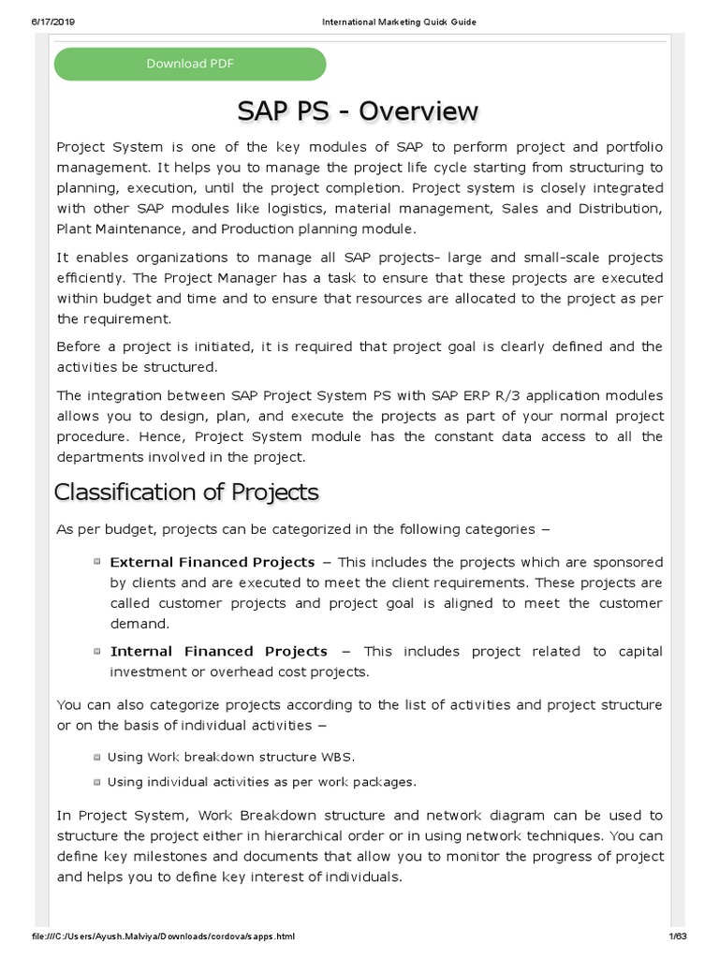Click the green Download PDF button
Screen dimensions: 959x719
click(190, 64)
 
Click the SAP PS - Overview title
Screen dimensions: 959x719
click(358, 111)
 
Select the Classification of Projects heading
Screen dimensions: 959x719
click(186, 492)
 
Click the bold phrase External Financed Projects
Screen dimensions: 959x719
click(213, 562)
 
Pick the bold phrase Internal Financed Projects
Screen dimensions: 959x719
click(219, 651)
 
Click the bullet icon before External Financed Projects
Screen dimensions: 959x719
click(97, 562)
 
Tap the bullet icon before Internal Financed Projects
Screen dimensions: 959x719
click(97, 651)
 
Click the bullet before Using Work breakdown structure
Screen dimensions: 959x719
click(97, 757)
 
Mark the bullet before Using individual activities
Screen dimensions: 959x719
click(97, 782)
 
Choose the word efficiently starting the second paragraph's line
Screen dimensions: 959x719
click(89, 278)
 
